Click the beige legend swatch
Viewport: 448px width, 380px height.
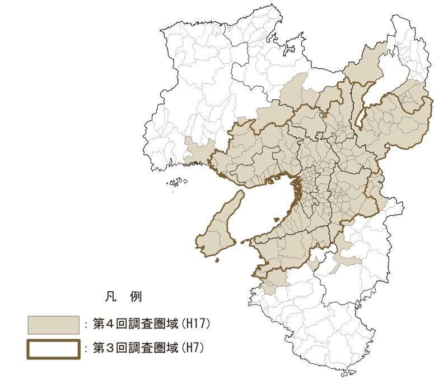(x=53, y=324)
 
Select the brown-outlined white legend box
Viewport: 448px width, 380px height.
(x=53, y=348)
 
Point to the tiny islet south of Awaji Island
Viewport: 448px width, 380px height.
(x=218, y=260)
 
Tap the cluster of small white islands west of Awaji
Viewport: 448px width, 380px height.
(x=176, y=182)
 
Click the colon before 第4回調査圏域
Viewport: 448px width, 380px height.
(x=86, y=324)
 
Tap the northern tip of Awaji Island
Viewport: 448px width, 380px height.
(x=241, y=192)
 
